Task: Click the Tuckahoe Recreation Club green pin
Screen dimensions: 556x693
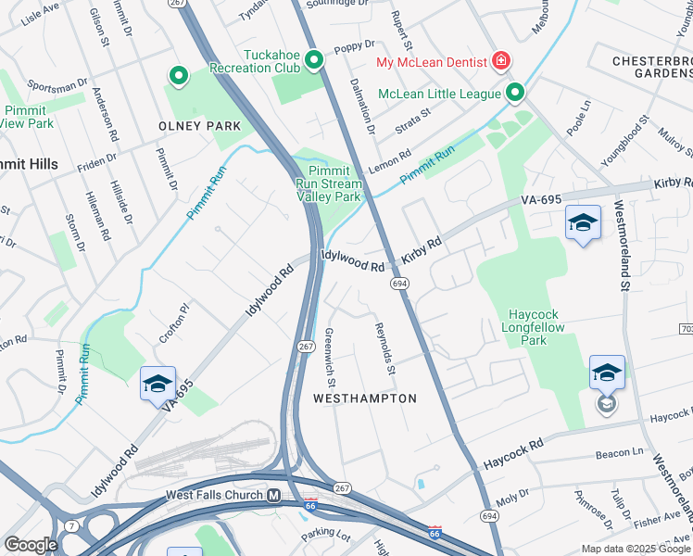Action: [314, 61]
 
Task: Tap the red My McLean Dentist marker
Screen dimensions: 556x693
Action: [501, 61]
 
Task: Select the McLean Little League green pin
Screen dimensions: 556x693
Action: [515, 93]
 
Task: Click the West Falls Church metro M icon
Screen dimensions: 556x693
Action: [273, 496]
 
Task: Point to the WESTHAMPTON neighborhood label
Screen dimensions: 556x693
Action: [365, 398]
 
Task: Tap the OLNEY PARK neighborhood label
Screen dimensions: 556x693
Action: [199, 126]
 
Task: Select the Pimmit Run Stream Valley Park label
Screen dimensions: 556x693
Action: [328, 183]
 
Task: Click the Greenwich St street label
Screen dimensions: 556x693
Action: [330, 356]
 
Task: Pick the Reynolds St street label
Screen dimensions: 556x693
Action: [385, 348]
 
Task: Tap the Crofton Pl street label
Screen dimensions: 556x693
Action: [174, 323]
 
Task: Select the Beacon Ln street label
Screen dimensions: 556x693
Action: [619, 452]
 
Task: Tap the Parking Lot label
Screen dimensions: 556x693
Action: [326, 536]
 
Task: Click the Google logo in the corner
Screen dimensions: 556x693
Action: [31, 545]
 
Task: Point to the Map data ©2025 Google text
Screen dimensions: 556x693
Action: [636, 549]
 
